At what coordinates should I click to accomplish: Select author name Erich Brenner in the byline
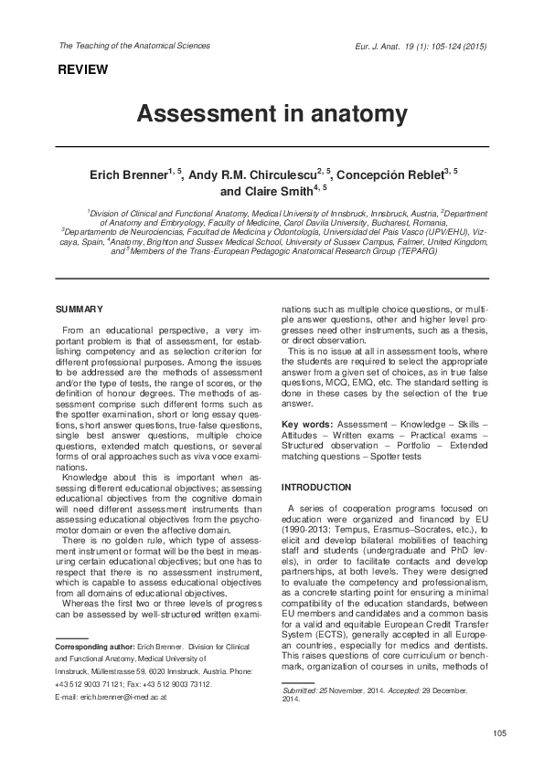(x=126, y=174)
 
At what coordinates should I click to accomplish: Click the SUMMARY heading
(x=80, y=311)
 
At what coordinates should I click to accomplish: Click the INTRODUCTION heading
(x=315, y=488)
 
